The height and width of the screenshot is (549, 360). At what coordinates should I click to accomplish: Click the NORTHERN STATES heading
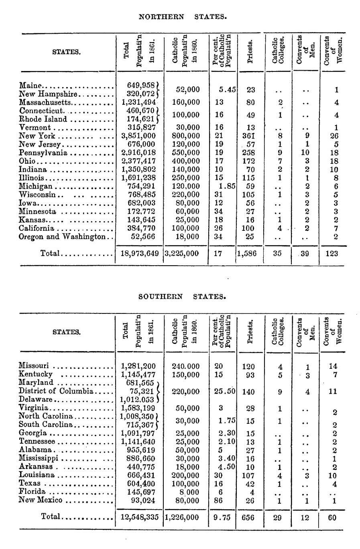(183, 17)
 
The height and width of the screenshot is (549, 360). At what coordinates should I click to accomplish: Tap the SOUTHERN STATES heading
(182, 297)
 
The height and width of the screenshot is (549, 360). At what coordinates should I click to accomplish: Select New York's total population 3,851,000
(138, 136)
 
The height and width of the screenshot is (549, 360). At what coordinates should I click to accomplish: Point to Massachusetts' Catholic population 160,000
(185, 102)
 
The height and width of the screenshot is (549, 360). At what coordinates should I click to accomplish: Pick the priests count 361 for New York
(249, 136)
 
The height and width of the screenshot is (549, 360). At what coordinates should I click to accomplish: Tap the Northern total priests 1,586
(248, 253)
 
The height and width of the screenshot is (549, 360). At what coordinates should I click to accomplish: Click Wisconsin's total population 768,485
(138, 195)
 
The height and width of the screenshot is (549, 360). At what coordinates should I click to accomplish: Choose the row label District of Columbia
(56, 391)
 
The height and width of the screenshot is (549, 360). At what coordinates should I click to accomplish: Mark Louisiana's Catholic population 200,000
(185, 475)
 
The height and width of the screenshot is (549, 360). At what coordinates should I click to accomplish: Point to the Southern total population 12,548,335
(140, 518)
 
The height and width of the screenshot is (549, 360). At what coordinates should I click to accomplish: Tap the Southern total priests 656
(248, 518)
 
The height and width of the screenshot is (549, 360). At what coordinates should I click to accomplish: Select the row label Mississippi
(39, 458)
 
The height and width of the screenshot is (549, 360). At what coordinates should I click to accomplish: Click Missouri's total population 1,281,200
(138, 366)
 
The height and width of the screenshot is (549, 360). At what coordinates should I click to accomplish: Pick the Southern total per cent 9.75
(222, 518)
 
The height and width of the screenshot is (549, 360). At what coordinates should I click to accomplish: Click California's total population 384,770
(138, 228)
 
